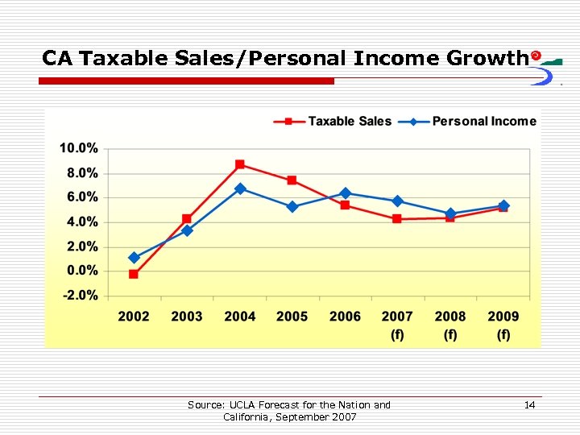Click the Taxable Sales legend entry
333,122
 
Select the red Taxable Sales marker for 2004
240,164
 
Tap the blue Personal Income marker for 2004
240,188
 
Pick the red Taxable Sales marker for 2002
134,275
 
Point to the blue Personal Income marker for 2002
134,258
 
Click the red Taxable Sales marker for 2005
292,180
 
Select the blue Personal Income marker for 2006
346,193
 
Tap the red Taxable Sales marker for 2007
397,219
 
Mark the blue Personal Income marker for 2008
450,214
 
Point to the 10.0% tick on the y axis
78,149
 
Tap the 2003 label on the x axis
187,317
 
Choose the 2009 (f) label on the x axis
503,325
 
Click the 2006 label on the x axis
346,317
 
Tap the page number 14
529,405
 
